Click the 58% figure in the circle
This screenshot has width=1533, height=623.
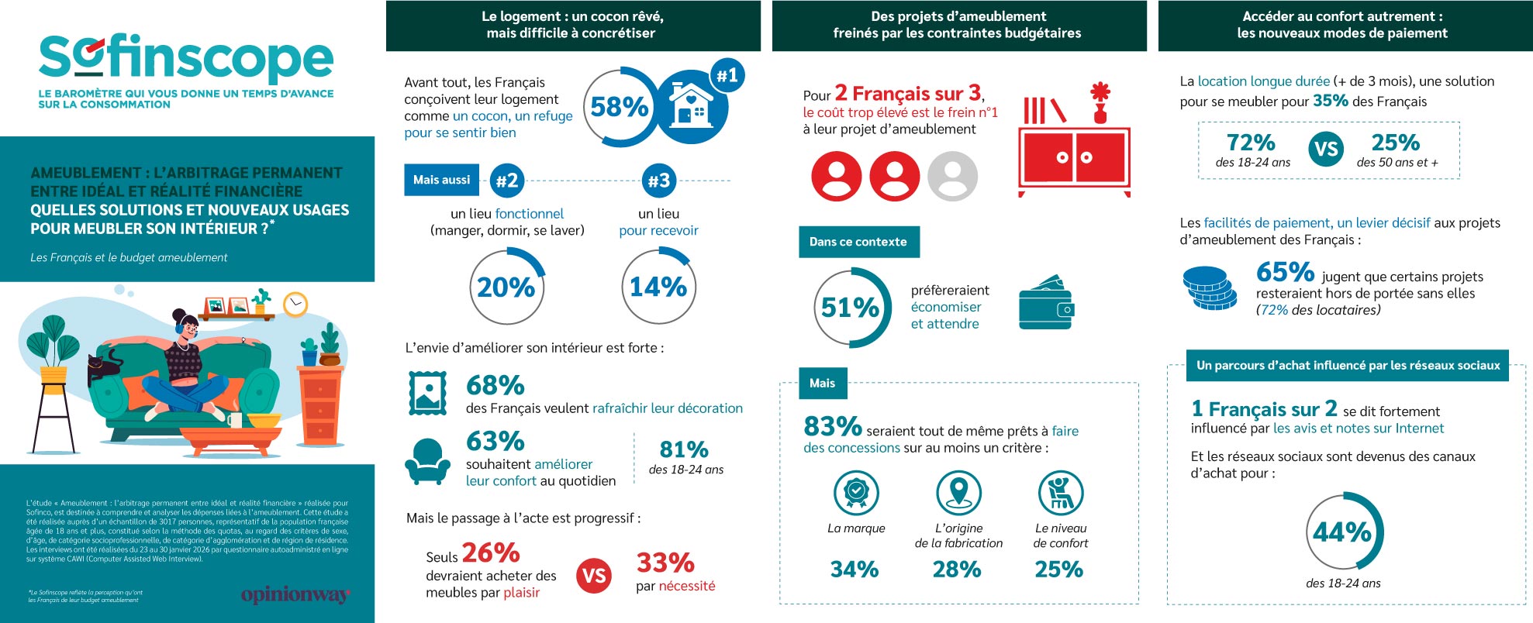(x=620, y=107)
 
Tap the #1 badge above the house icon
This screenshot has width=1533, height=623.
(x=727, y=75)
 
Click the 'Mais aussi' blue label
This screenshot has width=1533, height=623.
(x=441, y=180)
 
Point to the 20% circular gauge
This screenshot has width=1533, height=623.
(x=507, y=287)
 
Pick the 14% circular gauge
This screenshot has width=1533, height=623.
(x=658, y=287)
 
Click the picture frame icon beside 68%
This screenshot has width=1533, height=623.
(x=427, y=394)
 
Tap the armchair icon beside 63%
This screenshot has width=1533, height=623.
(x=427, y=461)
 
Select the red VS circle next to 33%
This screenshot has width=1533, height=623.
(x=594, y=576)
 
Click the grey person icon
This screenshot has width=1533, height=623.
(x=952, y=176)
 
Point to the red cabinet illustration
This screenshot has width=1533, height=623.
(x=1074, y=159)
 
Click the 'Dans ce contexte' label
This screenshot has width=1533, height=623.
(x=858, y=242)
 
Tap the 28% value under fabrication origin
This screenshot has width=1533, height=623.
(x=957, y=570)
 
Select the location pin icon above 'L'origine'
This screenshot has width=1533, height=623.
(x=958, y=492)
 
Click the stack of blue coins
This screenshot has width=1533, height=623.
(x=1209, y=287)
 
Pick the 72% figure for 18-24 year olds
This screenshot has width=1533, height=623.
(x=1251, y=143)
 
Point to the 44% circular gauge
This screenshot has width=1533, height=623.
(x=1343, y=532)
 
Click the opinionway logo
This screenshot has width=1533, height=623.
(x=295, y=594)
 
